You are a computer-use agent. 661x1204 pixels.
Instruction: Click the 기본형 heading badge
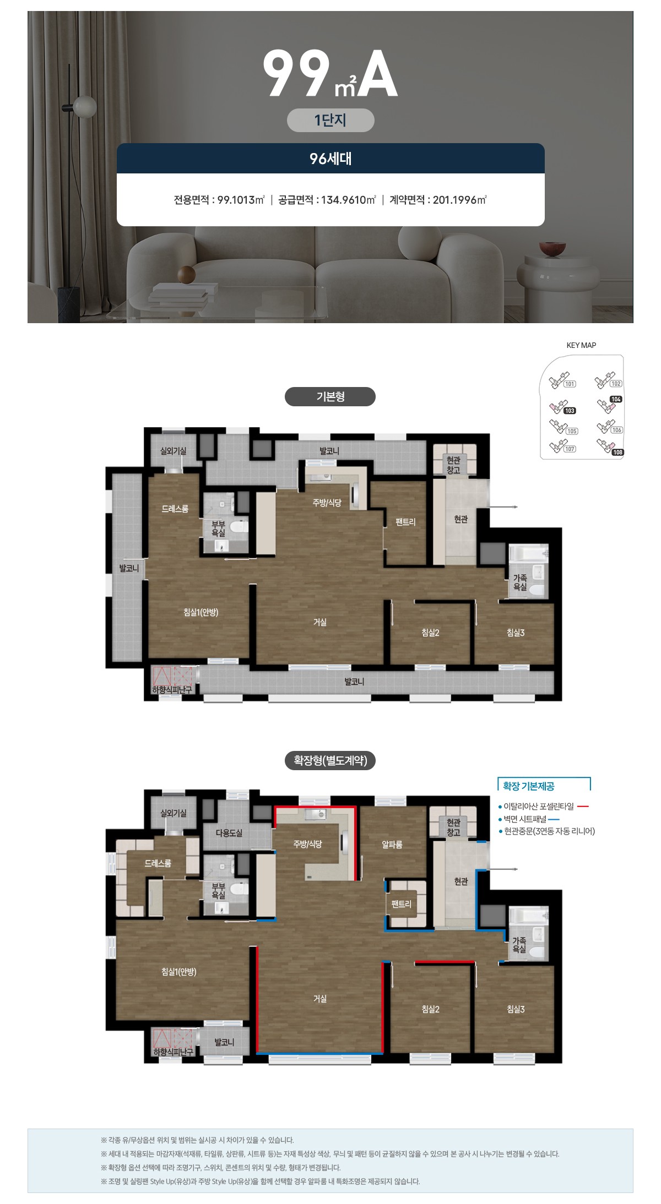click(330, 397)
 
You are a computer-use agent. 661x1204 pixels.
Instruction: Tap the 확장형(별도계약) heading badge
click(330, 760)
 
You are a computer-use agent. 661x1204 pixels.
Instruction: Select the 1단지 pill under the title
click(330, 120)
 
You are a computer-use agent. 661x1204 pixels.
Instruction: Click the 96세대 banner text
click(330, 159)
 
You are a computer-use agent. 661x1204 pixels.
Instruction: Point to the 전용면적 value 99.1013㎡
click(241, 200)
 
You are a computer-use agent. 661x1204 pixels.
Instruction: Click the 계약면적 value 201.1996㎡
click(460, 200)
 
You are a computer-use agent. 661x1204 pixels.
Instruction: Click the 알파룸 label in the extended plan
click(392, 845)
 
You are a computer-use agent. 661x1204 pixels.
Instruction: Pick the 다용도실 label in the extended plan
click(229, 833)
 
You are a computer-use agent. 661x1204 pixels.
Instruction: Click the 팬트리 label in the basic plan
click(405, 522)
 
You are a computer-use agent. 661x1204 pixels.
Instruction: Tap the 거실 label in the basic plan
click(320, 622)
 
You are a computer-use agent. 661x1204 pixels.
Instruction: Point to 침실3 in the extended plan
click(516, 1009)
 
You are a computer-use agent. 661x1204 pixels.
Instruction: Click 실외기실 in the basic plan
click(174, 451)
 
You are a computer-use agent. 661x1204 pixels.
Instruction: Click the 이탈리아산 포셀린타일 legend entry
click(543, 807)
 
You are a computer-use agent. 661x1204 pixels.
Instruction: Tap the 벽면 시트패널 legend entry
click(529, 819)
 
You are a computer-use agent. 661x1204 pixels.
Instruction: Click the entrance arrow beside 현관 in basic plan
click(502, 506)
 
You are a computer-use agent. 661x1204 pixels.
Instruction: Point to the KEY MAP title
click(581, 345)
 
